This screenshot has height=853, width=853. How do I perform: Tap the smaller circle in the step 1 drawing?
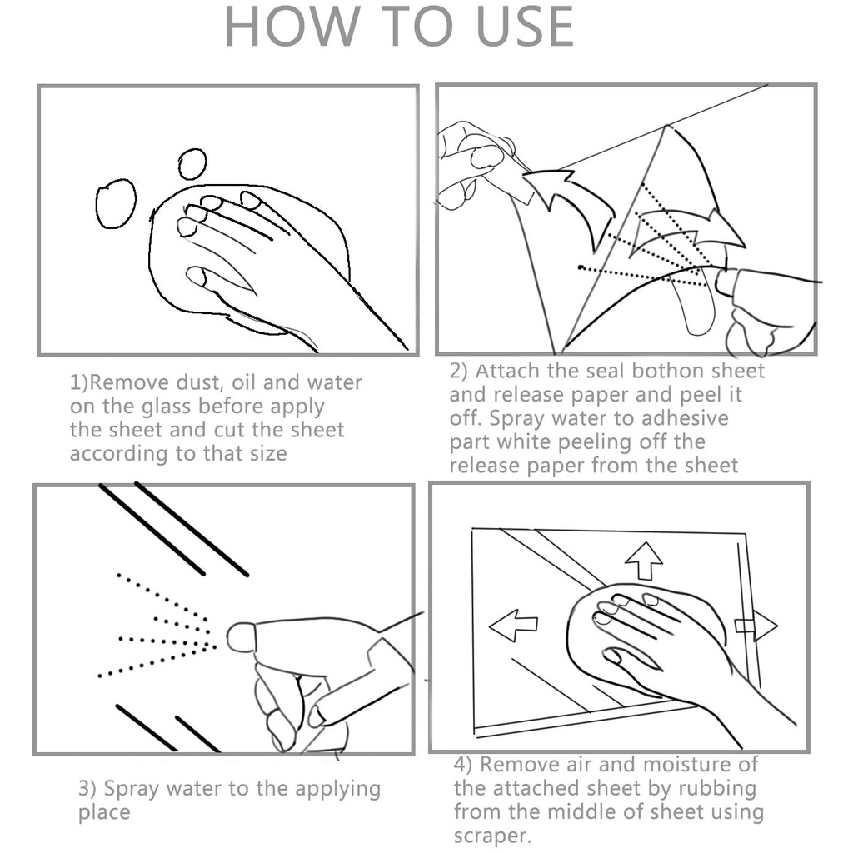point(192,164)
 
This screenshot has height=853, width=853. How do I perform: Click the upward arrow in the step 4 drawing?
point(644,561)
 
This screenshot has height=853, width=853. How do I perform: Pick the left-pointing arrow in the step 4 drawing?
point(513,625)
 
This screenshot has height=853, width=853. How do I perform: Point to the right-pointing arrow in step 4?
point(756,626)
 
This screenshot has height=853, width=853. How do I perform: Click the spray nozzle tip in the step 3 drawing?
point(239,637)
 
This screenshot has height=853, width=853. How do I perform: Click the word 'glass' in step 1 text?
point(167,407)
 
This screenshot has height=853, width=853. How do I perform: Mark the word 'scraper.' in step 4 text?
point(492,836)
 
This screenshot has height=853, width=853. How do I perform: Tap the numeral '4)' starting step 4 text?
point(463,765)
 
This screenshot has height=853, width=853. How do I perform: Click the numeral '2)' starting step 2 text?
point(459,371)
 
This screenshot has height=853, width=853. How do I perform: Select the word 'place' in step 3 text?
point(104,813)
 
